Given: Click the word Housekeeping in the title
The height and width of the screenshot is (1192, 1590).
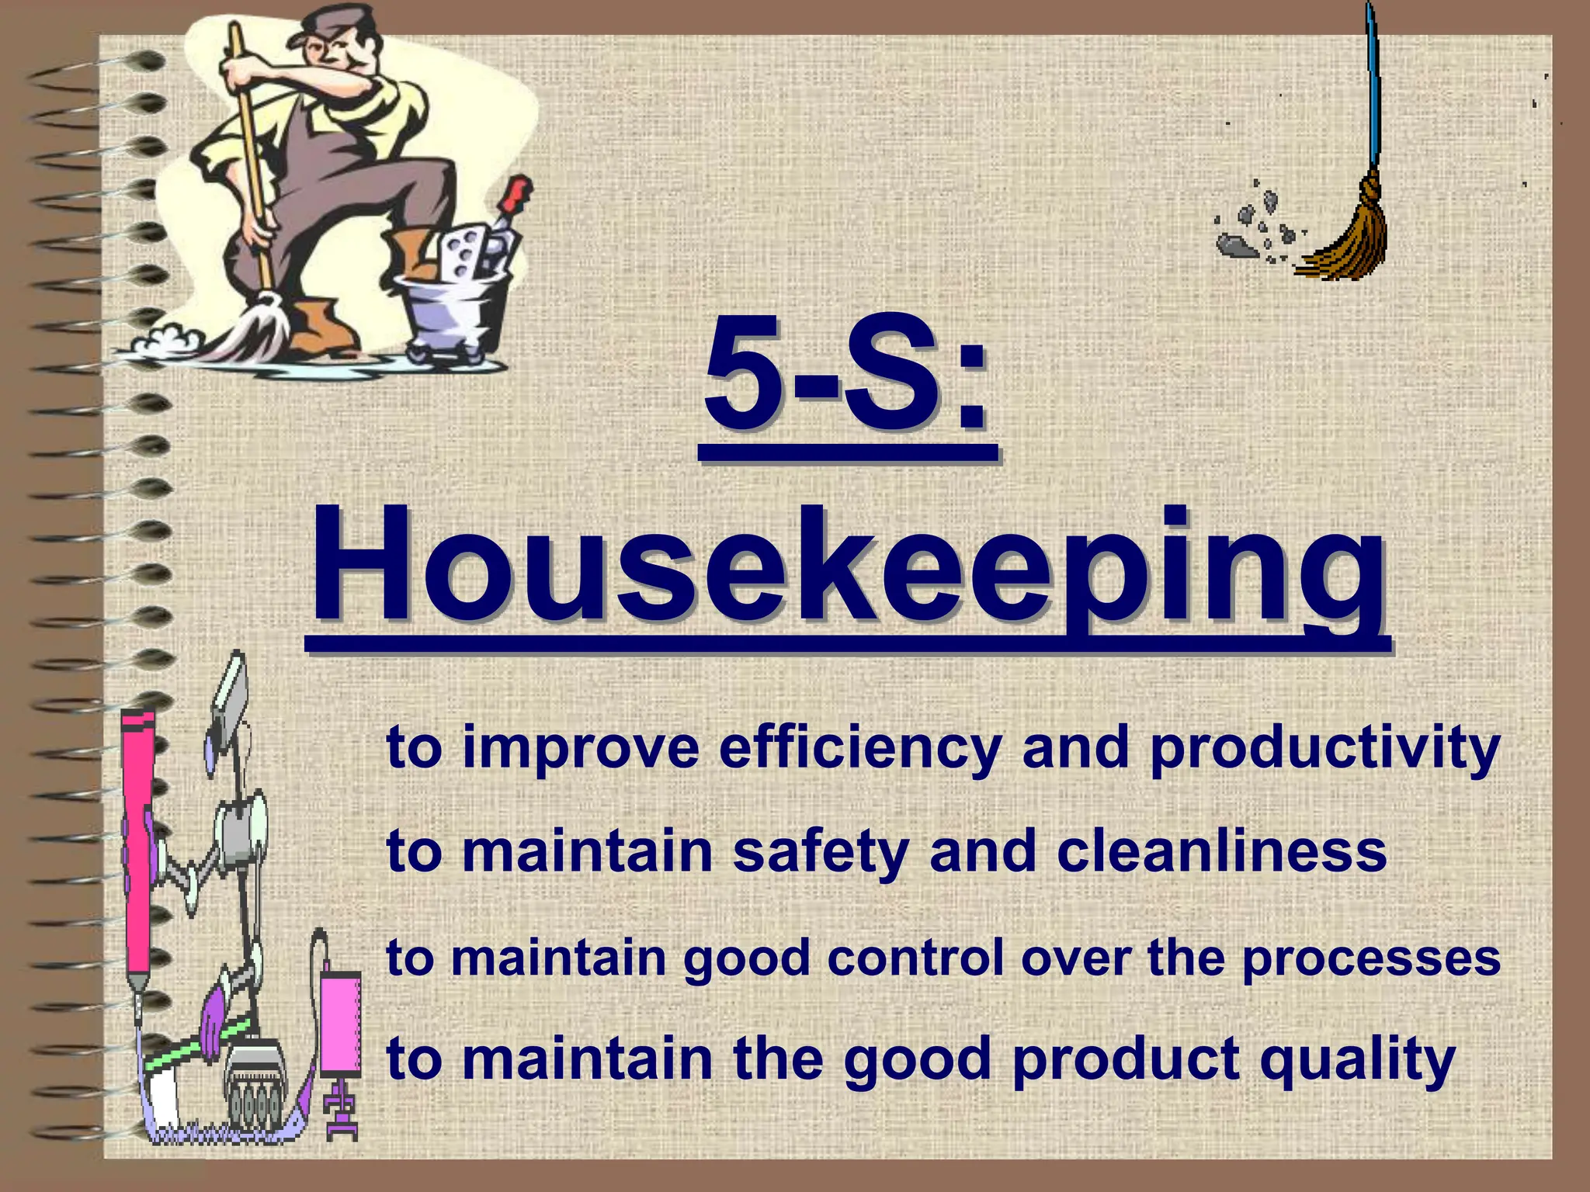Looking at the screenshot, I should click(846, 567).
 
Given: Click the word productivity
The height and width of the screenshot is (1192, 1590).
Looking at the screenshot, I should click(1324, 749).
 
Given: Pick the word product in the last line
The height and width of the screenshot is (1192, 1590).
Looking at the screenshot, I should click(1126, 1060).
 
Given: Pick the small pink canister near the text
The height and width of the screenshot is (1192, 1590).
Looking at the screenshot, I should click(340, 1024).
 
